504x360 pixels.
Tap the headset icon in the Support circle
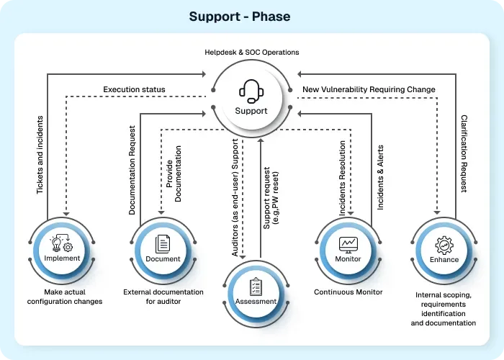point(251,92)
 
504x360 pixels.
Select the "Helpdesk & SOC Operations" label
point(251,52)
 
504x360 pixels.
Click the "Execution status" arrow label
point(134,90)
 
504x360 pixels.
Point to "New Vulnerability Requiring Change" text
point(368,90)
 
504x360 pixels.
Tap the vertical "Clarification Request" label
point(464,153)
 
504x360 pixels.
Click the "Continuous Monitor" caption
point(348,292)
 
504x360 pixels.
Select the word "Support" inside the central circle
point(251,111)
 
